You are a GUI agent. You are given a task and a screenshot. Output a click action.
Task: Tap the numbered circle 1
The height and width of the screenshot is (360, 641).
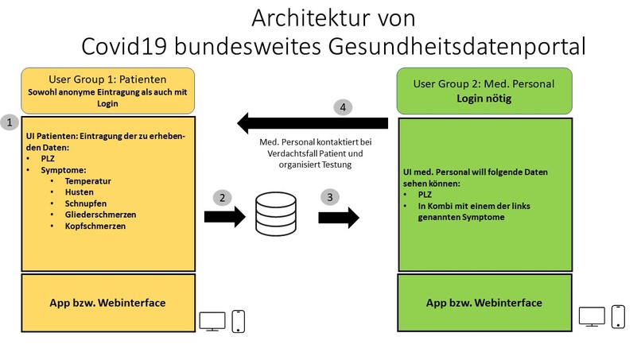tap(10, 122)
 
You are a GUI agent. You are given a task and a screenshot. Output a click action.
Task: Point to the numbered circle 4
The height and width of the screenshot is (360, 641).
tap(342, 106)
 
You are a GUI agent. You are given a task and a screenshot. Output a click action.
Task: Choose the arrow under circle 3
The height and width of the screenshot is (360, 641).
tap(339, 216)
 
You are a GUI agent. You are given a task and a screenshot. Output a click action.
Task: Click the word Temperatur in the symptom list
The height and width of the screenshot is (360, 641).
tap(88, 181)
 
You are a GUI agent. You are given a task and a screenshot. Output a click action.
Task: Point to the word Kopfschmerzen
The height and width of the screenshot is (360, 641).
tap(96, 226)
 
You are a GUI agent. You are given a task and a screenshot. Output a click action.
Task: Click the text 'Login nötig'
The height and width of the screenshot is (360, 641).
tap(485, 99)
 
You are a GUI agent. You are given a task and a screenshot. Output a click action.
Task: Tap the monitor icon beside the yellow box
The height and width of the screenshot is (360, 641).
tap(211, 320)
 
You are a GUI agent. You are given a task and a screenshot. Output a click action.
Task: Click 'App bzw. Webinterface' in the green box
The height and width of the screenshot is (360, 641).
tap(484, 303)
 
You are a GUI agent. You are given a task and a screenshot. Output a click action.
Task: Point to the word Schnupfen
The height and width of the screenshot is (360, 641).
tap(87, 203)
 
